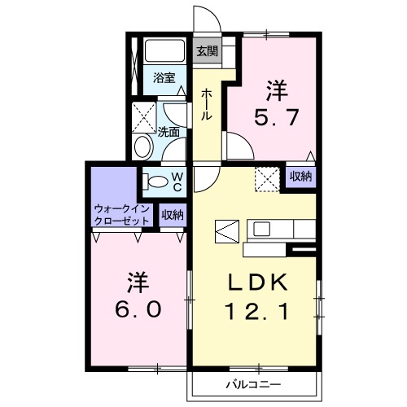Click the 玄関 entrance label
[207, 51]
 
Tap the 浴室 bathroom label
[164, 78]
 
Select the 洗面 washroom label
[169, 131]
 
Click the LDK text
[256, 282]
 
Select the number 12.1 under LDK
[256, 311]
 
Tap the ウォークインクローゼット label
[121, 214]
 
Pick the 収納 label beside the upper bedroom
[300, 177]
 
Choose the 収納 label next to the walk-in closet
[173, 215]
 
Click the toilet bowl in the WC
[156, 181]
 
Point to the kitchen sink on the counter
[263, 229]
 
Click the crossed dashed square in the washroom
[144, 117]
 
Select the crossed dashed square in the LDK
[266, 177]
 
